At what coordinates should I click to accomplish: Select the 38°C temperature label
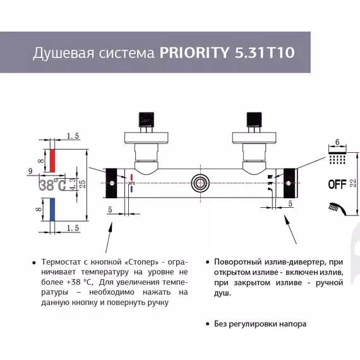52,185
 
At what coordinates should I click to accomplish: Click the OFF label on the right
337,184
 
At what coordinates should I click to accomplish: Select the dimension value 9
30,171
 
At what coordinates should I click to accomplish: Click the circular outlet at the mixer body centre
201,184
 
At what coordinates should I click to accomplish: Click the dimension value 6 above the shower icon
337,142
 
